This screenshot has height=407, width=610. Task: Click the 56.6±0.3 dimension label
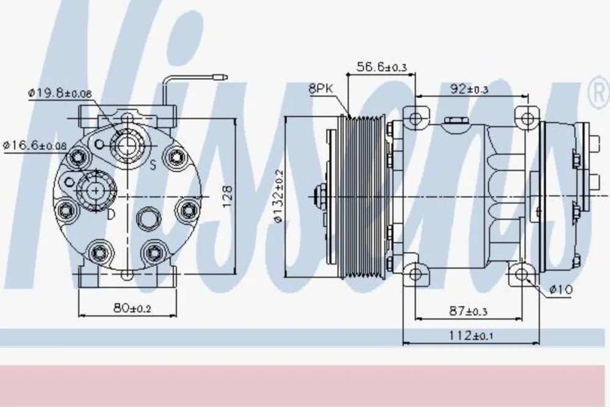[x=381, y=67]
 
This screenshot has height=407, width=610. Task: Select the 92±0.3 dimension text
[x=468, y=89]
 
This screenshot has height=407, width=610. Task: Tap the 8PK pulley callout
[x=321, y=88]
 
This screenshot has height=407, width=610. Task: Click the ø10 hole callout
[x=561, y=289]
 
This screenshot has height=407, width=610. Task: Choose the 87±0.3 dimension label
[x=468, y=311]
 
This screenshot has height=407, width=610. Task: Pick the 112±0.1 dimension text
[x=471, y=335]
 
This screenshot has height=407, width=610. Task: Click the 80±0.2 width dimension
[x=132, y=309]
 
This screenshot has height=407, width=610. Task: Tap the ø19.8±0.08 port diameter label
[x=60, y=93]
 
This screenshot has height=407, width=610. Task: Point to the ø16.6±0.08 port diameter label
[x=35, y=146]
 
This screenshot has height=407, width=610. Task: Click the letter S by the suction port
[x=153, y=165]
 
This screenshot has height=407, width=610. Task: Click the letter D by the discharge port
[x=111, y=214]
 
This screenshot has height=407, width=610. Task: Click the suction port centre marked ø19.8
[x=127, y=145]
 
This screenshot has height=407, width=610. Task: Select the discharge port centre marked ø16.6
[x=95, y=190]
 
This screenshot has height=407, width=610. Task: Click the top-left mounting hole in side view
[x=415, y=118]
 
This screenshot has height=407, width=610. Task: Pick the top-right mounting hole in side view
[x=527, y=118]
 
